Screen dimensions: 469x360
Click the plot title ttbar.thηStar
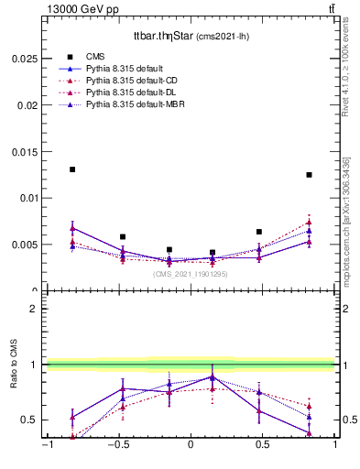tap(191, 36)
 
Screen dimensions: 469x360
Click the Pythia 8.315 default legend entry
tap(123, 69)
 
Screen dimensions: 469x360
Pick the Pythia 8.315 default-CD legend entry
tap(130, 81)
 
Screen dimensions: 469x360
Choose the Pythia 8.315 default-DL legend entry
tap(129, 93)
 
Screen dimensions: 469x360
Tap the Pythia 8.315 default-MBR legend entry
tap(133, 105)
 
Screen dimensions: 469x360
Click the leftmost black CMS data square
tap(72, 169)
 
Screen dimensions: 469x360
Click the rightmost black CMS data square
tap(310, 175)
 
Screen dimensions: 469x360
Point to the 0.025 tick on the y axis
tap(27, 57)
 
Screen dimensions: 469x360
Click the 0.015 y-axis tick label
tap(27, 150)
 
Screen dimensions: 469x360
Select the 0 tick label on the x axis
tap(191, 446)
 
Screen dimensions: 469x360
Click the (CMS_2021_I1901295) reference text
tap(191, 274)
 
